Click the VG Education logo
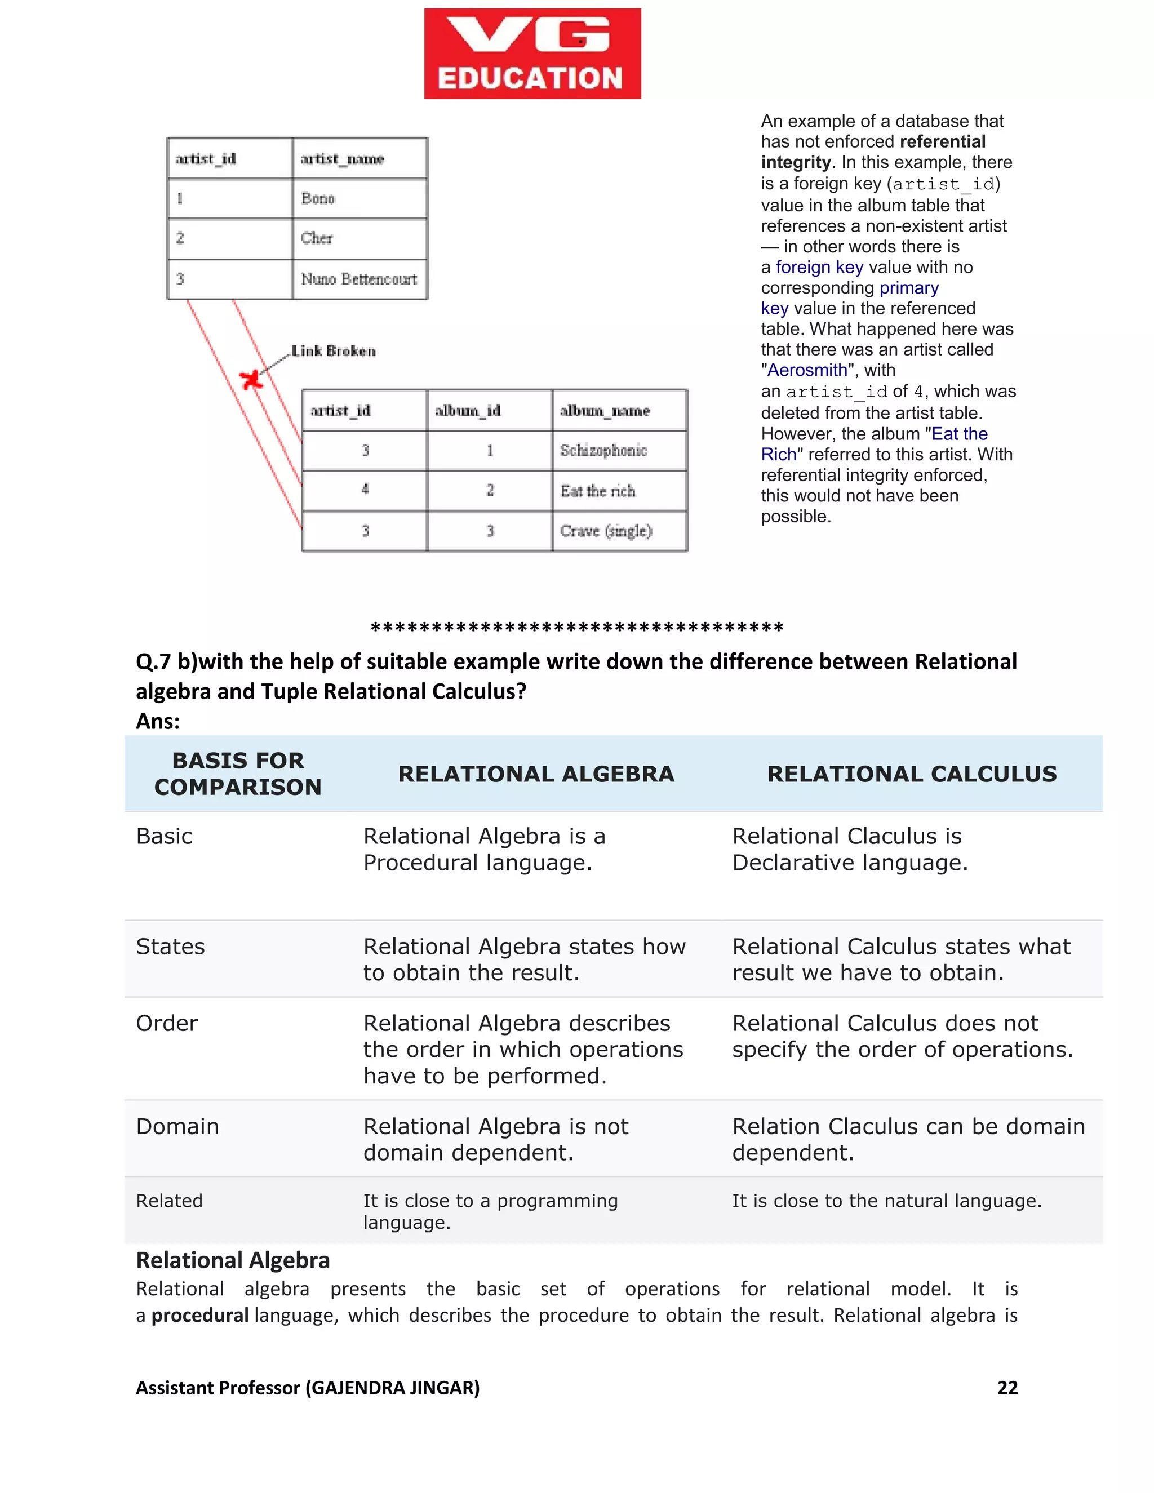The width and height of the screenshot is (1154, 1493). (x=532, y=54)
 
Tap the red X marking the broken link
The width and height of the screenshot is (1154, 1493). (x=251, y=379)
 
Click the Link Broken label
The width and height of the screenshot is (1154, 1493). (x=334, y=350)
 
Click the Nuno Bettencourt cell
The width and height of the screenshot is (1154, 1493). (x=359, y=279)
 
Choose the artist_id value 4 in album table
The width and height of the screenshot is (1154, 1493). (x=365, y=490)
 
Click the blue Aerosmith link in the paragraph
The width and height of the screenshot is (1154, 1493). (x=807, y=370)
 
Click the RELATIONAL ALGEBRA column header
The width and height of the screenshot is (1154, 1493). (x=536, y=774)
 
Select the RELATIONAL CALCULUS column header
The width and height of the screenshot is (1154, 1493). (x=911, y=774)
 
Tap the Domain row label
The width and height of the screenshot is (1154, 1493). (x=177, y=1126)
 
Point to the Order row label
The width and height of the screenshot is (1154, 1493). (x=167, y=1023)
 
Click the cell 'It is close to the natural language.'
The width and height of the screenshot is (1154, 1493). (x=887, y=1201)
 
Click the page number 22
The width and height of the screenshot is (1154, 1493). (x=1007, y=1387)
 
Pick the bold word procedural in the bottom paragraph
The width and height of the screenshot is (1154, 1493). (x=199, y=1316)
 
